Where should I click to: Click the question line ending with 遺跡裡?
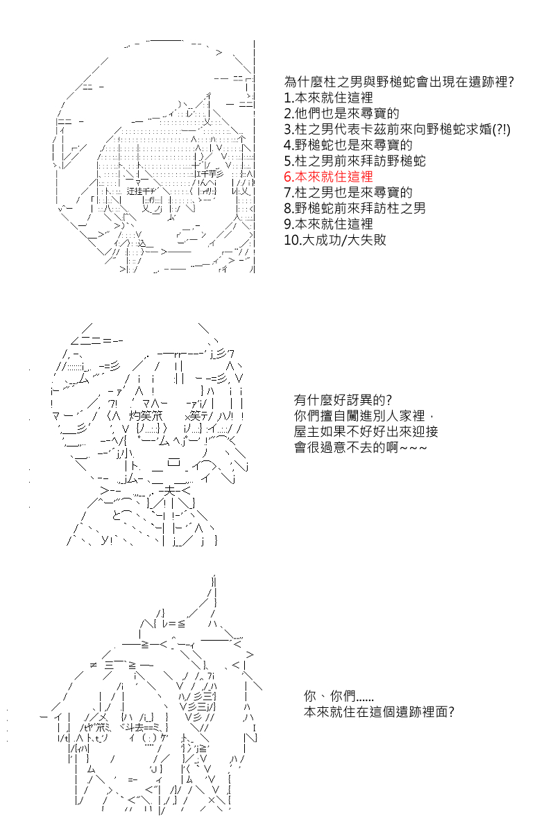coord(399,82)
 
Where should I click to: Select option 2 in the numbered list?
coord(341,113)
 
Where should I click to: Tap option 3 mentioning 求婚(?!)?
coord(397,129)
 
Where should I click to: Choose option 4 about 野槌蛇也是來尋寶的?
coord(348,145)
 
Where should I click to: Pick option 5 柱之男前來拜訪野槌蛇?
coord(355,161)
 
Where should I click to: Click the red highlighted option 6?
coord(328,176)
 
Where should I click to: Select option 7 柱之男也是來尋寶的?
coord(348,193)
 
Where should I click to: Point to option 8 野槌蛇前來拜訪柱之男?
coord(355,208)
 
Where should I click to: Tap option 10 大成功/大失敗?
coord(335,240)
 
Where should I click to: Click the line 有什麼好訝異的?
coord(343,400)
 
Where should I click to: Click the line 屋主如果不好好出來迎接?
coord(366,431)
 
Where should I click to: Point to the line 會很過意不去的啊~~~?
coord(360,447)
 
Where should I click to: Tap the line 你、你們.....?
coord(339,695)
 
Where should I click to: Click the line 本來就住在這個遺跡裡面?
coord(379,711)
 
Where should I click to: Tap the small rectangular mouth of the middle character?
coord(173,462)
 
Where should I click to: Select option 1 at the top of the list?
coord(328,98)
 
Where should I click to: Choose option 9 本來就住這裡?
coord(328,224)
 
